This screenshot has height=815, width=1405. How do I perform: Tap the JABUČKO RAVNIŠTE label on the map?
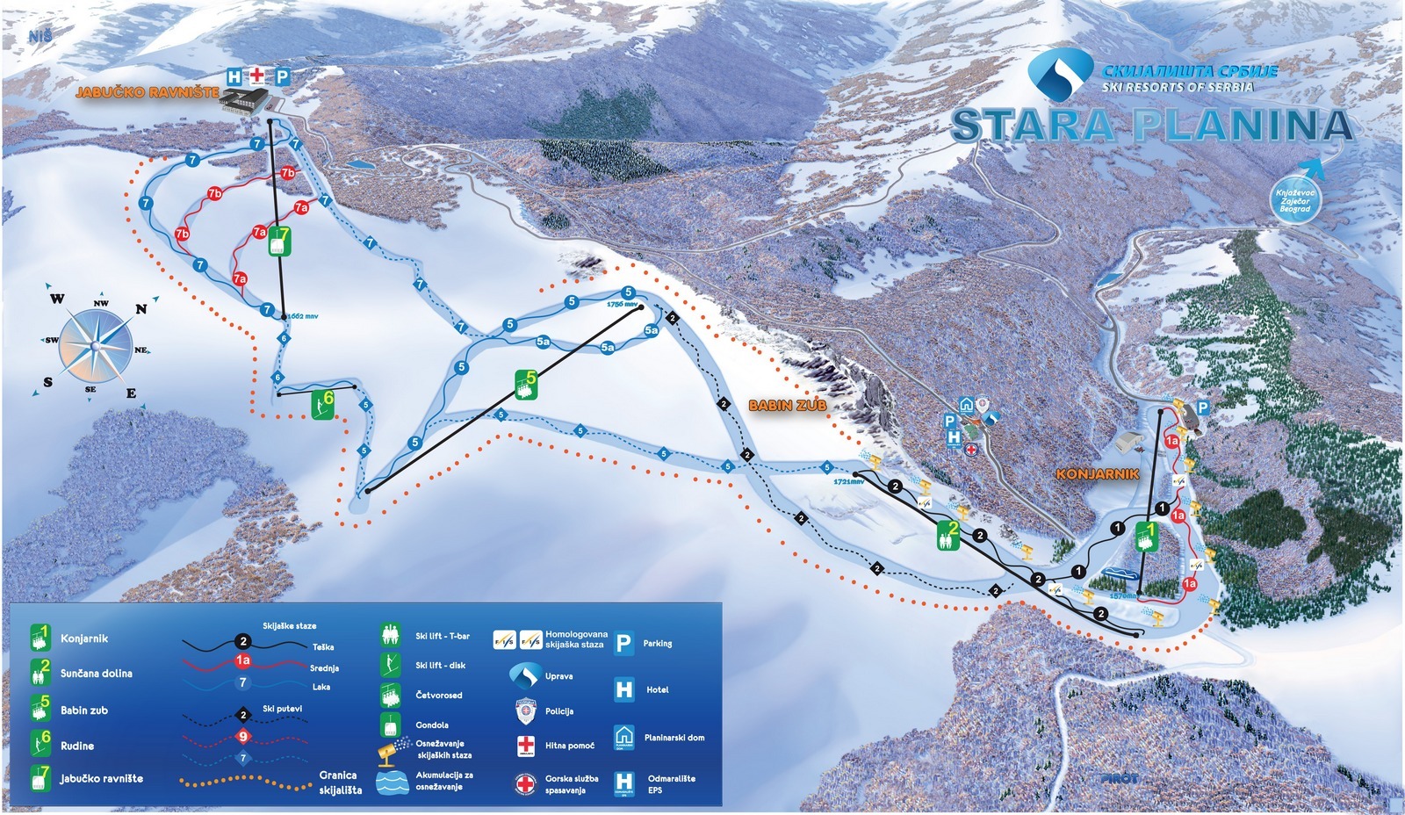tap(147, 91)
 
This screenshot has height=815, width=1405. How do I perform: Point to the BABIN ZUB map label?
tap(787, 406)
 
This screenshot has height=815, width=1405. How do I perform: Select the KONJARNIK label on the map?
tap(1098, 473)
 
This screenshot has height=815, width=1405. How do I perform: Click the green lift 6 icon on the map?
tap(324, 404)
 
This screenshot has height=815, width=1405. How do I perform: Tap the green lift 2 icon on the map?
tap(948, 533)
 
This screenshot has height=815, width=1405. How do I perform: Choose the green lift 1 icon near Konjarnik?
tap(1146, 535)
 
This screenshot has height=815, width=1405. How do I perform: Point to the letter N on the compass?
tap(140, 309)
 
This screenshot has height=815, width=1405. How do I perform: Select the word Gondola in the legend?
tap(432, 725)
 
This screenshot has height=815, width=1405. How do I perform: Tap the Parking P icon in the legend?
tap(623, 644)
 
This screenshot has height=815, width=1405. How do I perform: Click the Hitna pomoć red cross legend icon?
tap(525, 746)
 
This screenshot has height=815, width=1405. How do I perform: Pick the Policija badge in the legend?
tap(525, 710)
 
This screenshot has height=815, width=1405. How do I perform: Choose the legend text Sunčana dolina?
tap(97, 674)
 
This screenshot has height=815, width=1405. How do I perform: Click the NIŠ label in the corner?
tap(40, 36)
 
